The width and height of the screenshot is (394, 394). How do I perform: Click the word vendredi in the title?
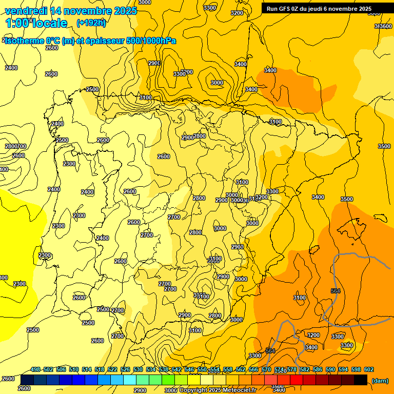(x=27, y=11)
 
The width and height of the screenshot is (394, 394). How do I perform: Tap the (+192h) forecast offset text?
(x=91, y=23)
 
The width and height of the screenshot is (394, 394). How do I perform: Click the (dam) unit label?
(x=380, y=381)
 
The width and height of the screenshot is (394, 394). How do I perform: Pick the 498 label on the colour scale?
(x=35, y=369)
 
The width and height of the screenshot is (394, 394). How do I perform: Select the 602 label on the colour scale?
(x=369, y=369)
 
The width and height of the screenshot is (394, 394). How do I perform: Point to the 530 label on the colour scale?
(x=138, y=369)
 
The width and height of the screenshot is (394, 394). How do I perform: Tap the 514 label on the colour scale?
(x=87, y=369)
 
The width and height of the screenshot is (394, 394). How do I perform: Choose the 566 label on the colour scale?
(x=253, y=369)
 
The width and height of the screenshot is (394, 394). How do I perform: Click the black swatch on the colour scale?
(x=360, y=380)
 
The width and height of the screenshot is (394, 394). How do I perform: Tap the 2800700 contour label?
(x=15, y=146)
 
